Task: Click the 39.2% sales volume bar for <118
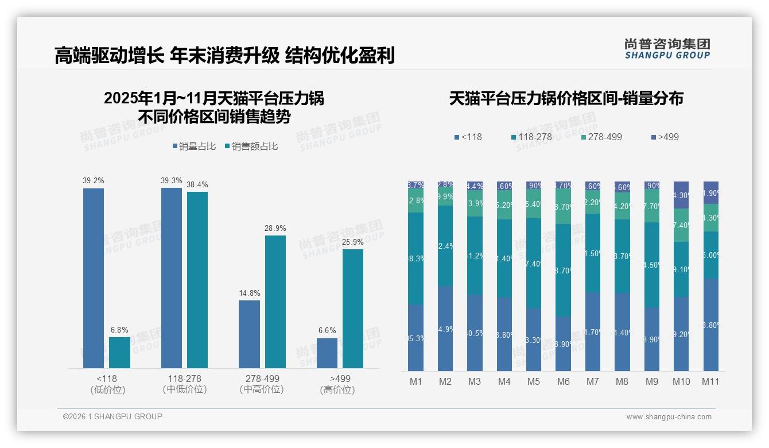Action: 94,278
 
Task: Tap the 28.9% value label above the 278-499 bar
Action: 275,228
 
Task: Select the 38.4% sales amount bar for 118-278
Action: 197,280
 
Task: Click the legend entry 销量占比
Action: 194,146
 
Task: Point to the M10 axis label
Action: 681,381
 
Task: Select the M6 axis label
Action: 563,381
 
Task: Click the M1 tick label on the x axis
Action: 415,381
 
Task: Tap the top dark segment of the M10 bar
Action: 681,195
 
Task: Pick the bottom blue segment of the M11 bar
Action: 710,325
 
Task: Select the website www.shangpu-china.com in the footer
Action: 669,417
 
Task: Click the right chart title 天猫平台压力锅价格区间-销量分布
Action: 566,98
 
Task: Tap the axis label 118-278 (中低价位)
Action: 185,384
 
